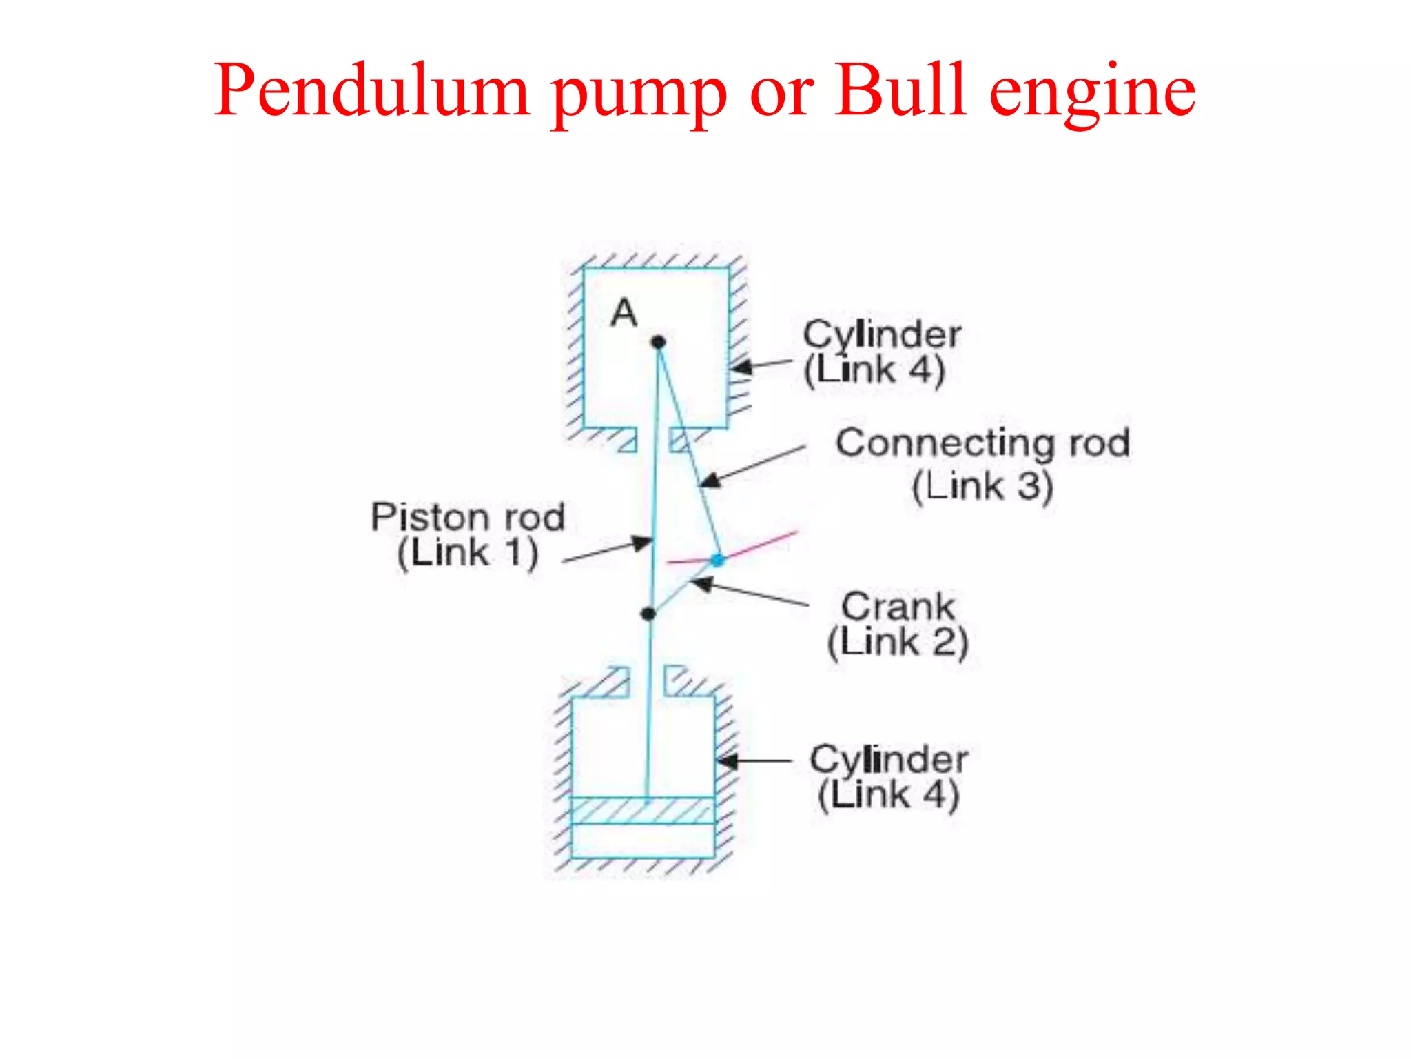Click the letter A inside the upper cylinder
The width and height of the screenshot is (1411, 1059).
(x=624, y=313)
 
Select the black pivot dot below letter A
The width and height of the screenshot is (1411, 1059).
(x=659, y=342)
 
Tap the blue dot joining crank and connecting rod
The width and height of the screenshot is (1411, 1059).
(x=718, y=560)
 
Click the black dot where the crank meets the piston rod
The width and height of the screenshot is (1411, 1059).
(x=648, y=614)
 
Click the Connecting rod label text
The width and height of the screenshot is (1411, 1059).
(x=982, y=443)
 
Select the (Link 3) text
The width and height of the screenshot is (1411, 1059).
(x=982, y=486)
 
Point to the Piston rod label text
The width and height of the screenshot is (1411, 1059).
(x=468, y=517)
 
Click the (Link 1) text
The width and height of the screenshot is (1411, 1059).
(x=468, y=553)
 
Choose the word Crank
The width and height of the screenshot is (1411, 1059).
(x=898, y=607)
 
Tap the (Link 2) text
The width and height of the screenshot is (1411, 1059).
(x=898, y=643)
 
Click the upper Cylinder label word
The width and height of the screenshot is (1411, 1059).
(x=882, y=336)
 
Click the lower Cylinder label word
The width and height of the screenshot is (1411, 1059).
(x=889, y=760)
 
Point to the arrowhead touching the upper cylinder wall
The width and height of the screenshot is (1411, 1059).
(x=740, y=367)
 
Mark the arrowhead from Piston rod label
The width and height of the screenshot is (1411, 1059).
(x=643, y=543)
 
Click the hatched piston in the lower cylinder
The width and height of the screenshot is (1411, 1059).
(x=642, y=811)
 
